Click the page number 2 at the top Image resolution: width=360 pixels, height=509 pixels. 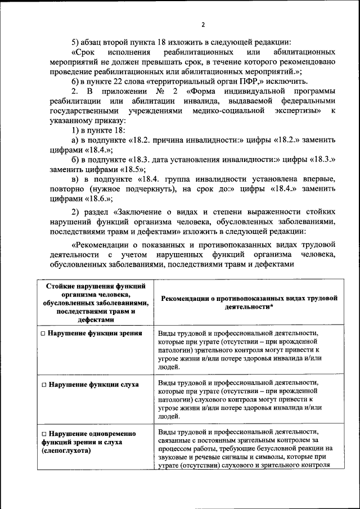203,24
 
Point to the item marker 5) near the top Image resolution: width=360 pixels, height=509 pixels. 76,42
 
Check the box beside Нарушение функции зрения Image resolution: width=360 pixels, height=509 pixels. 43,334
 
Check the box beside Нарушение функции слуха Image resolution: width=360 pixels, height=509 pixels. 43,385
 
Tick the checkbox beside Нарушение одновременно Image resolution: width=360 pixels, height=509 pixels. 43,434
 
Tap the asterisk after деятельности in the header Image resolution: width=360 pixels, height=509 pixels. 272,307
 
